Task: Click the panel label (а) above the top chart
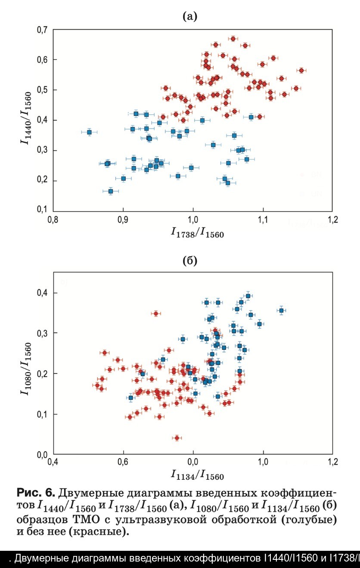point(190,17)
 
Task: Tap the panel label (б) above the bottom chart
point(190,261)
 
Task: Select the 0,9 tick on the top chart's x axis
point(123,221)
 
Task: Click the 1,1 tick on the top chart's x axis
point(263,221)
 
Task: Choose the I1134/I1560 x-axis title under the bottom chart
point(197,475)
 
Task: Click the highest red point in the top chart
point(233,39)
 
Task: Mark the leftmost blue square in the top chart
point(89,132)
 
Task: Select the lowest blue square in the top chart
point(111,191)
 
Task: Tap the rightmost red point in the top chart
point(301,70)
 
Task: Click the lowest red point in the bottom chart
point(177,438)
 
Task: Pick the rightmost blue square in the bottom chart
point(281,310)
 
